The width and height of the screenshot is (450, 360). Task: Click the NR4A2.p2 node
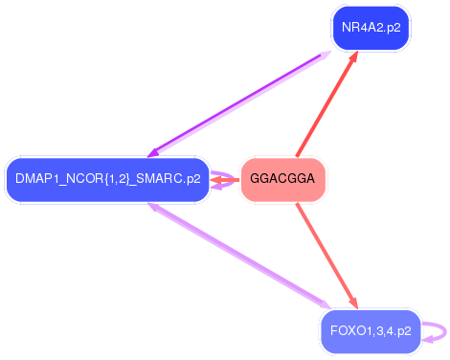click(x=370, y=28)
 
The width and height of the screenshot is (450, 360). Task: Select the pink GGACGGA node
click(x=282, y=179)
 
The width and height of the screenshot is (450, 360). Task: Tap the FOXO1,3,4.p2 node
click(x=370, y=331)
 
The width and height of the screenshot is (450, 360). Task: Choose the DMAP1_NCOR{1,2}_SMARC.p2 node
click(x=106, y=179)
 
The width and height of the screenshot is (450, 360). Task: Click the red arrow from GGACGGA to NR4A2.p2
click(x=326, y=106)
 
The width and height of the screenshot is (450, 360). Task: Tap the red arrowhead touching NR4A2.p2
click(x=353, y=58)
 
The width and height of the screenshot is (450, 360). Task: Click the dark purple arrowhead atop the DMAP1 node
click(x=153, y=152)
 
